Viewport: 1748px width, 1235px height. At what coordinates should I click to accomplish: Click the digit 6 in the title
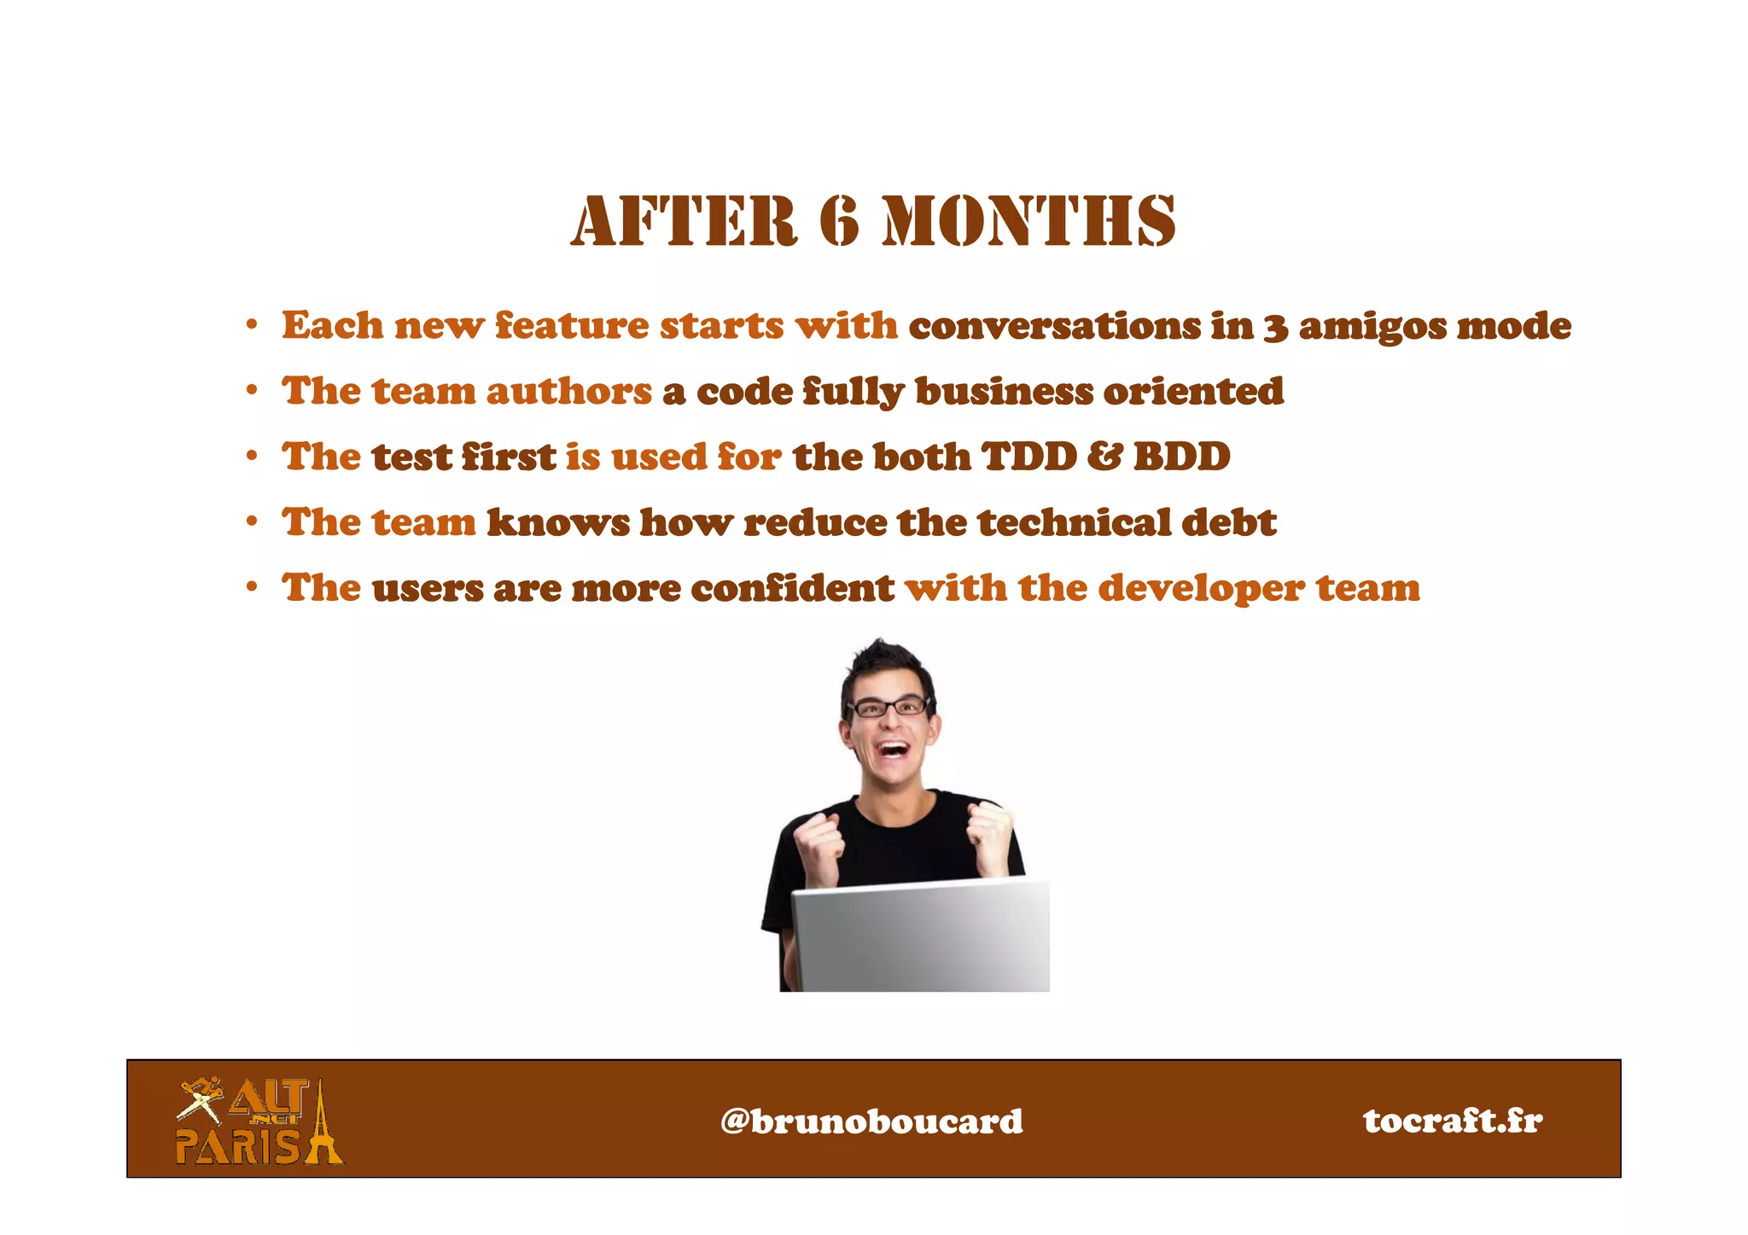[x=839, y=221]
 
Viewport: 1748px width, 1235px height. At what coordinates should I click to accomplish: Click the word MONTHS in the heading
[x=1029, y=221]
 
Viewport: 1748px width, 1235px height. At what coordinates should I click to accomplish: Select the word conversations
[x=1054, y=326]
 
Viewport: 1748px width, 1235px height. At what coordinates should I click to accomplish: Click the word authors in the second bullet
[x=569, y=392]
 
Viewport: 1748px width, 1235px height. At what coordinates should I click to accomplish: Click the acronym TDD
[x=1028, y=457]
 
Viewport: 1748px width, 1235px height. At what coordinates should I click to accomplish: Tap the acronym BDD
[x=1181, y=457]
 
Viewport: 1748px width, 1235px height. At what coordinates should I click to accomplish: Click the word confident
[x=792, y=588]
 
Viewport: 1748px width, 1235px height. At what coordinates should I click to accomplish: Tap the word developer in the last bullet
[x=1201, y=589]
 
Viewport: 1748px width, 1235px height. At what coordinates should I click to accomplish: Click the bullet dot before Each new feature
[x=252, y=325]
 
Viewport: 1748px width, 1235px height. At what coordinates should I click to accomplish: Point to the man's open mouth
[x=893, y=750]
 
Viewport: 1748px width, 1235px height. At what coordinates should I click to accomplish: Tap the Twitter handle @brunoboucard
[x=871, y=1121]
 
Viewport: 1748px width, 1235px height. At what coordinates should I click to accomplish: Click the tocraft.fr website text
[x=1453, y=1120]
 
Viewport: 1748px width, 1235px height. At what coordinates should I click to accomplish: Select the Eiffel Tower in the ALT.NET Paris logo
[x=323, y=1125]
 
